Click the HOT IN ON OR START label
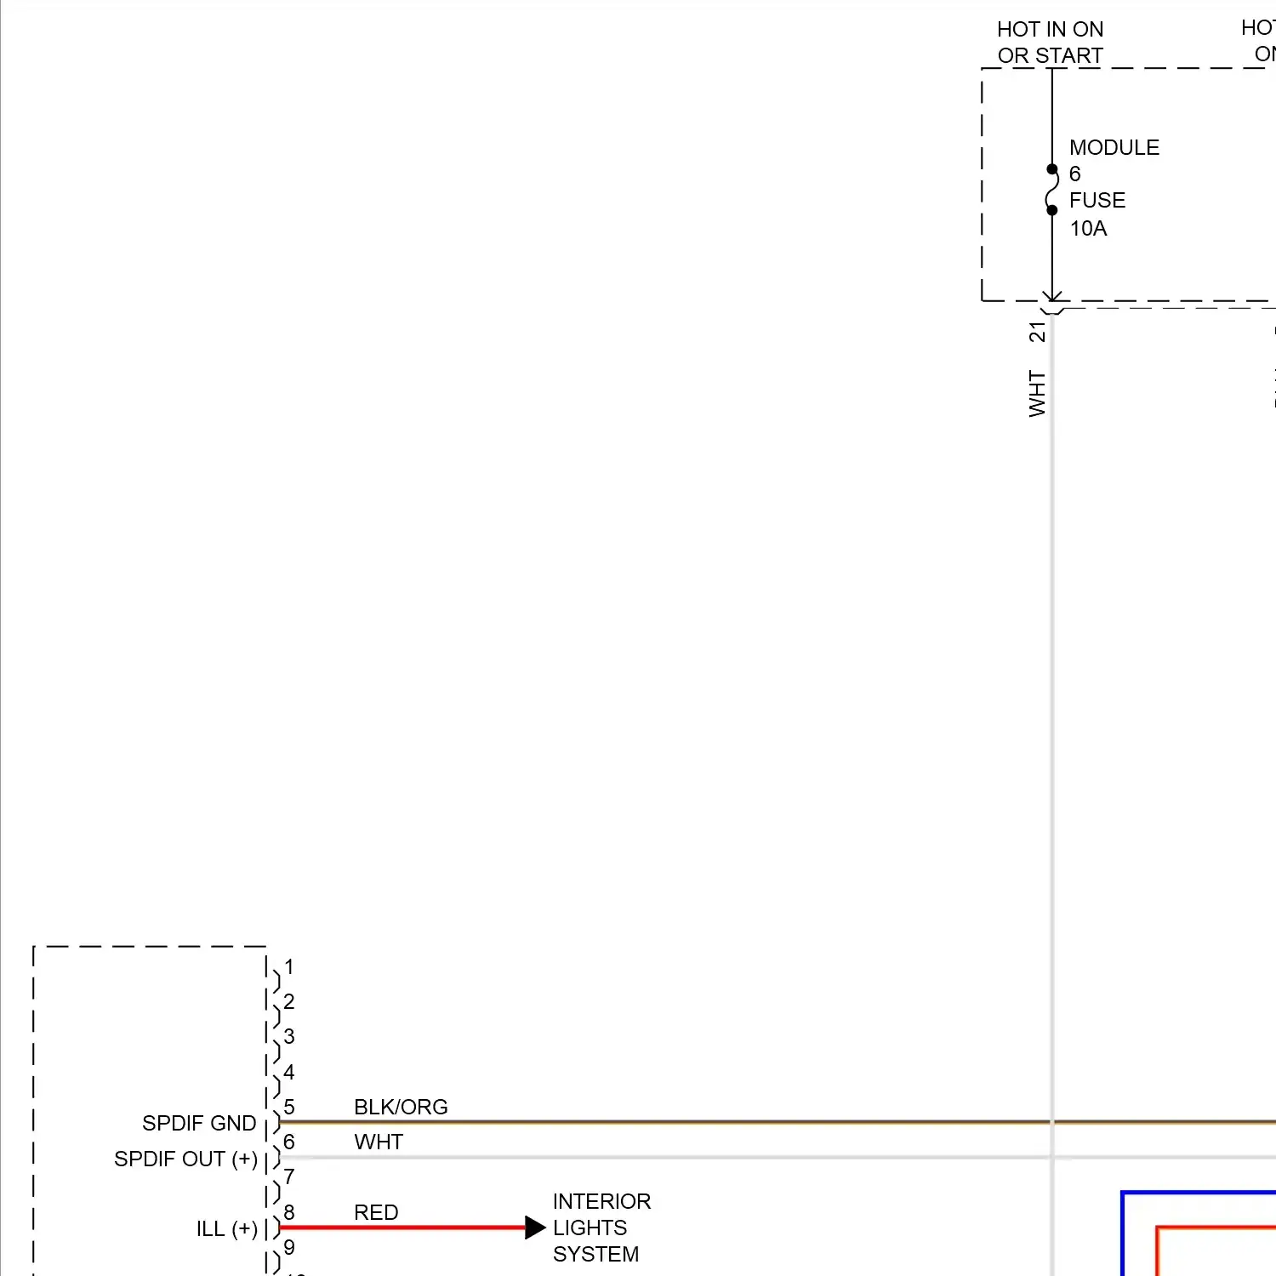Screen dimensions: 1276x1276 pos(1050,43)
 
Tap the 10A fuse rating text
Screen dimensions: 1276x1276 pos(1088,229)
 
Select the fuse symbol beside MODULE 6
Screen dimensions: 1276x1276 pos(1051,190)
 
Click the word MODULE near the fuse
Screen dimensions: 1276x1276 pos(1114,148)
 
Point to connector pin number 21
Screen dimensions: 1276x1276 pos(1037,332)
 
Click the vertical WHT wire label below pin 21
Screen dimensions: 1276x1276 pos(1037,393)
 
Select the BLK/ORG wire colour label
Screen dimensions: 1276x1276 pos(401,1107)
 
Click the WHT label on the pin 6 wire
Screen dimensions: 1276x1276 pos(379,1142)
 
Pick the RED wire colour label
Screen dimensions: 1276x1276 pos(376,1212)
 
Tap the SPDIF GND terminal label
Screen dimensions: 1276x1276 pos(199,1124)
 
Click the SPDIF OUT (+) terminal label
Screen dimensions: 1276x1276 pos(185,1159)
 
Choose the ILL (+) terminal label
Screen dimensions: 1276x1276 pos(226,1229)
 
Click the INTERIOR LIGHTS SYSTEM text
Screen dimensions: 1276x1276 pos(601,1228)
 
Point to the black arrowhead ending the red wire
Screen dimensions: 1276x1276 pos(535,1228)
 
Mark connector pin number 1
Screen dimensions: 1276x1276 pos(289,967)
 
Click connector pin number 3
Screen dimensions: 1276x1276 pos(289,1037)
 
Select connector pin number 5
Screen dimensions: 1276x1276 pos(289,1107)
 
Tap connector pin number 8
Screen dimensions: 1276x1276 pos(289,1212)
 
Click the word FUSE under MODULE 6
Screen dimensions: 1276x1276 pos(1097,201)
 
